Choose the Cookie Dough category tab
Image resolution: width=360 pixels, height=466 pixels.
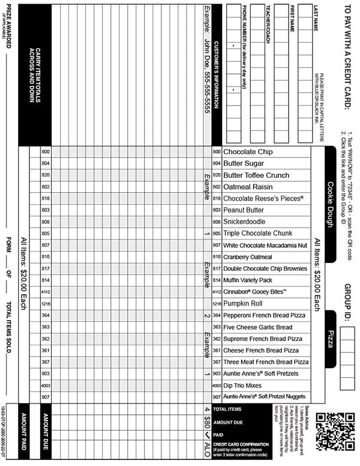click(330, 204)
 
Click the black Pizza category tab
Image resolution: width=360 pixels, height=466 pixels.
click(330, 339)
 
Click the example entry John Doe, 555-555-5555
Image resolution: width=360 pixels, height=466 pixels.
click(207, 60)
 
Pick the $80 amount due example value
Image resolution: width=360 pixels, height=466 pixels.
click(207, 422)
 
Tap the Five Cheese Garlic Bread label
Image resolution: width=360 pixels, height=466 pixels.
click(258, 327)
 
